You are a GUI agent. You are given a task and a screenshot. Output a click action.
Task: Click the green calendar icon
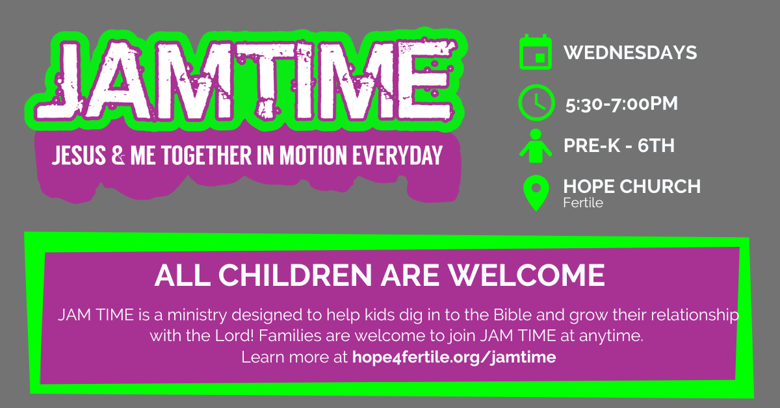click(x=536, y=53)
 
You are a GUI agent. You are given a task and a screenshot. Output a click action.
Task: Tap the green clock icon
click(x=536, y=103)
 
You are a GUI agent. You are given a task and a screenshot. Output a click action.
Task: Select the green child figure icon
click(x=536, y=146)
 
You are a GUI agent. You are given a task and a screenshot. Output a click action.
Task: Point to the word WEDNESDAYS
click(x=630, y=53)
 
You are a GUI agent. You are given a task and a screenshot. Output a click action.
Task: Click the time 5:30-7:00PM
click(x=621, y=103)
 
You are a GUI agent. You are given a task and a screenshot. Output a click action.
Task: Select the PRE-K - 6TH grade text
click(x=619, y=146)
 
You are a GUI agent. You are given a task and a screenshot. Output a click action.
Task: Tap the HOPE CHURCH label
click(x=632, y=187)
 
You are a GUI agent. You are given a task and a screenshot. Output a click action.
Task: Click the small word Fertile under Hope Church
click(x=583, y=203)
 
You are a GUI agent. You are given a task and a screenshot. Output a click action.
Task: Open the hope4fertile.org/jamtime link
click(x=454, y=357)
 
